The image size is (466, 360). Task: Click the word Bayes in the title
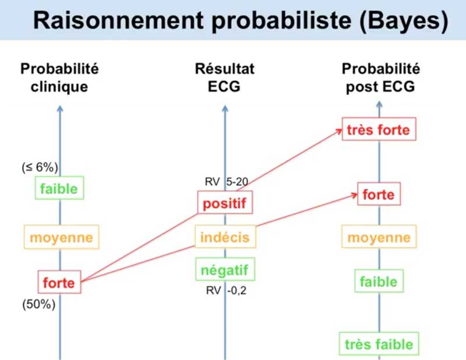404,21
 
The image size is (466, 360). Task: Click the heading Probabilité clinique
59,77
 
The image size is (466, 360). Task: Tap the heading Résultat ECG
225,77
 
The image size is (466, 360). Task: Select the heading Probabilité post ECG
381,77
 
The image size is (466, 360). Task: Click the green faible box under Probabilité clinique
59,188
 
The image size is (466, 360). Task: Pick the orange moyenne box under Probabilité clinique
61,237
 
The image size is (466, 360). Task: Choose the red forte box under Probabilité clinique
59,282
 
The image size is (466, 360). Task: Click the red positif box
225,203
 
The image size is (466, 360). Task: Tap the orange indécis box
225,237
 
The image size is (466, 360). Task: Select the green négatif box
225,269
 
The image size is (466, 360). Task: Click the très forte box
379,129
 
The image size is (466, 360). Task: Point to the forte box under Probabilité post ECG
379,194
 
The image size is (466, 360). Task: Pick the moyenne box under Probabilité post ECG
379,237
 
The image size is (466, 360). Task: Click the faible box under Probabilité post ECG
379,281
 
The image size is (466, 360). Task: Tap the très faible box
379,344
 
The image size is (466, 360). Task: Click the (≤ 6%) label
40,167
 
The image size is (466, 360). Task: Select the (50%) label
39,305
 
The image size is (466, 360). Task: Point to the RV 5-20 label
227,181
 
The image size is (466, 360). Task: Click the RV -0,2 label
226,290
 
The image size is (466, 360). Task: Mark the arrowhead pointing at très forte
340,130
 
